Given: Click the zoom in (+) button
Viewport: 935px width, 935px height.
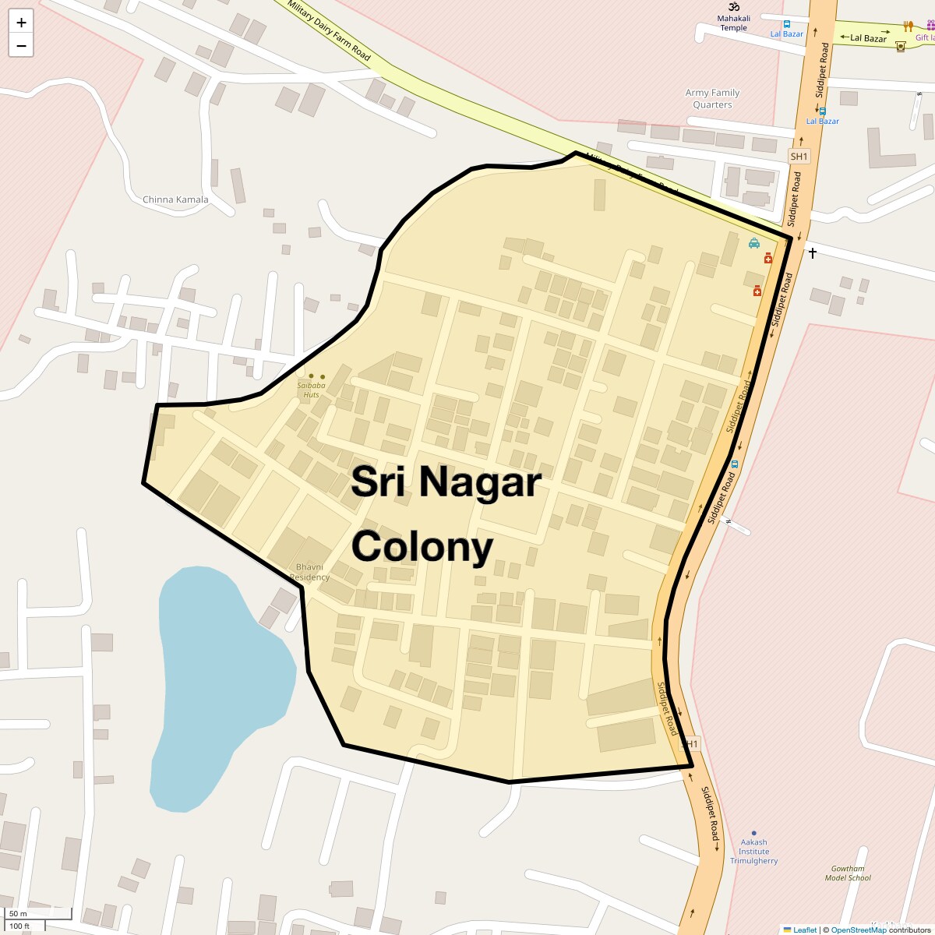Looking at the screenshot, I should pos(21,23).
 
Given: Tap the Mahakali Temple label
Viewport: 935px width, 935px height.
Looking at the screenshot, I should pos(733,23).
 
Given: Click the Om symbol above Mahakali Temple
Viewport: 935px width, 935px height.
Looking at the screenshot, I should pos(733,6).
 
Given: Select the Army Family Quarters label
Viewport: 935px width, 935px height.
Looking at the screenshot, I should pos(712,98).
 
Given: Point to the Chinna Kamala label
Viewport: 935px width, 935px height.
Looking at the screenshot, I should pos(175,199).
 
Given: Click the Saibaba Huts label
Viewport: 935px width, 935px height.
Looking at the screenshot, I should pos(311,390).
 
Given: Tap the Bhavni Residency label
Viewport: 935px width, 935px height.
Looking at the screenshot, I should pos(310,572).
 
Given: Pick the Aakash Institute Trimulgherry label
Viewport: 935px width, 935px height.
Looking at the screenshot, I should pos(753,852).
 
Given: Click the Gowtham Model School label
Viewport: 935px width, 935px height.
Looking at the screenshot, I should pos(848,873).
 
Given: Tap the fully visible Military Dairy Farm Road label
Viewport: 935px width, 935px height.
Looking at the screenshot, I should pos(328,30).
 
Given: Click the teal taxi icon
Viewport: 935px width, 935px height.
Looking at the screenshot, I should pos(754,243).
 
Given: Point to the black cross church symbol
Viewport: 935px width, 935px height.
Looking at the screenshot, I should pos(812,252).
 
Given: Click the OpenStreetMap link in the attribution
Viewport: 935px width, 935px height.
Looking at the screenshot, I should pos(858,930).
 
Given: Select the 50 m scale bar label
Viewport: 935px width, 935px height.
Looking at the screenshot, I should pos(18,914).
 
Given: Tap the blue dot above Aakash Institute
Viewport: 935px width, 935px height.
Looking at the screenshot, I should pos(753,833).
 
